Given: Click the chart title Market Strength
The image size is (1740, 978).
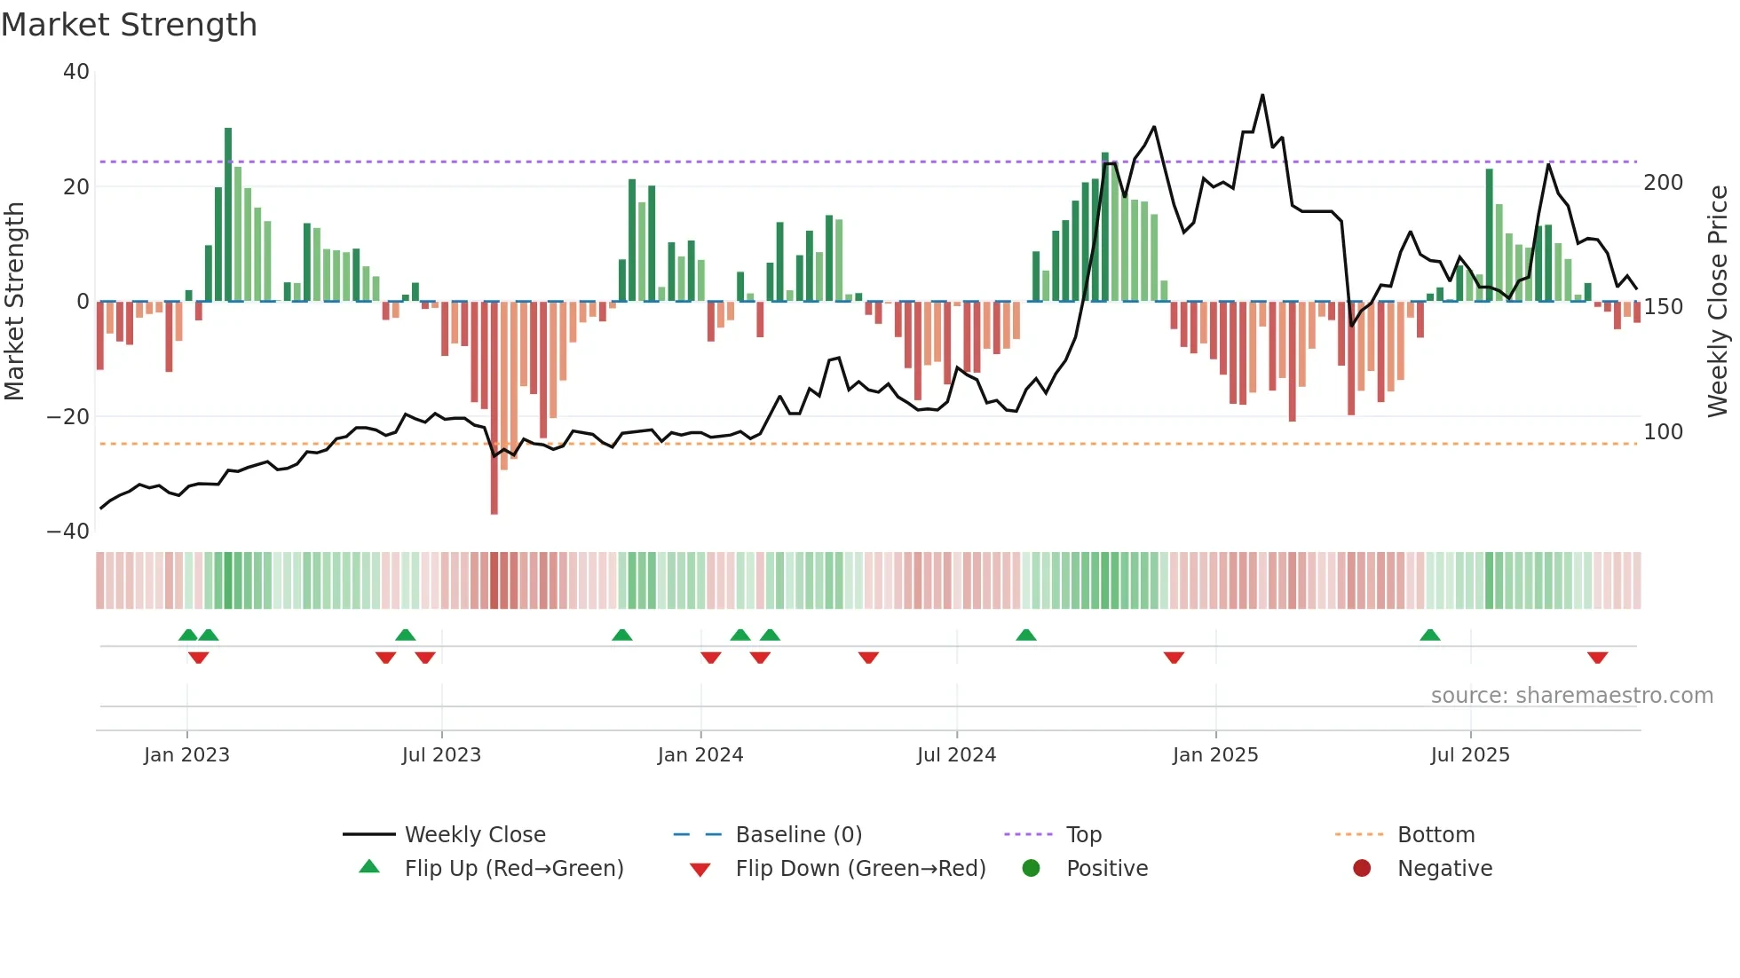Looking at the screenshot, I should tap(129, 25).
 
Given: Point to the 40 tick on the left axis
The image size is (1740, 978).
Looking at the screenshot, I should tap(76, 72).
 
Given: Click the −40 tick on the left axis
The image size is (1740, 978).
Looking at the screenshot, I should tap(68, 532).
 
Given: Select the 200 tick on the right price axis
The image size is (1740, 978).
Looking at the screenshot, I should tap(1663, 183).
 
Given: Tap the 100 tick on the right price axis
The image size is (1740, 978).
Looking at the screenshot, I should tap(1663, 432).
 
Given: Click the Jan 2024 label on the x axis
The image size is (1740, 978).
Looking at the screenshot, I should tap(700, 755).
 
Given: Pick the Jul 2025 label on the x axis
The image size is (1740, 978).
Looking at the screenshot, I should tap(1470, 755).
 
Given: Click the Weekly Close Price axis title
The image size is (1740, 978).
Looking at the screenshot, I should tap(1718, 302).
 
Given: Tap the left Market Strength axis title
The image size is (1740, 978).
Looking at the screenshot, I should tap(15, 302).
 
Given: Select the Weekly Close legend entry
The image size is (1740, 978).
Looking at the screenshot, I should tap(475, 835).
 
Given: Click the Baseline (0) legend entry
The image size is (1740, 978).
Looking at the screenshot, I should tap(798, 835).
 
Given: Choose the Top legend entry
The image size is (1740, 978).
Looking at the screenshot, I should tap(1084, 835).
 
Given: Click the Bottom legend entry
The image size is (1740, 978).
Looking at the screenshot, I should tap(1435, 835).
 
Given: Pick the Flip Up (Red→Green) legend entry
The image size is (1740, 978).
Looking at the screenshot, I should tap(514, 869).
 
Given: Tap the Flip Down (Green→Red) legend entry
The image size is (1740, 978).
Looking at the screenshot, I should tap(860, 869).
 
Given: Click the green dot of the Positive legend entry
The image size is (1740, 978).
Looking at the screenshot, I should tap(1031, 869).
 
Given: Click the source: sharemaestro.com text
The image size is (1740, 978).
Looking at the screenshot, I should tap(1571, 696).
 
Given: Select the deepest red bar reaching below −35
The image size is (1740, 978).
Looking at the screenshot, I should tap(494, 408).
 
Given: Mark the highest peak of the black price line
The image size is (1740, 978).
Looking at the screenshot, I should tap(1262, 96).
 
